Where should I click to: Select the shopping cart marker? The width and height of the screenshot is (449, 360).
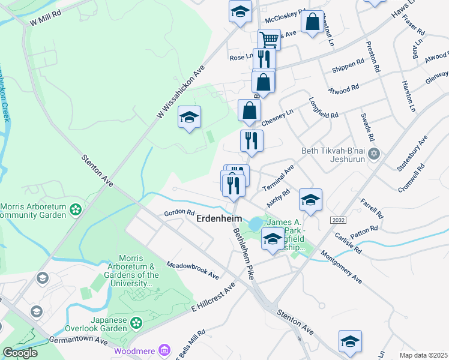pos(270,40)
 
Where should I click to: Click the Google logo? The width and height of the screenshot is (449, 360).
pos(20,353)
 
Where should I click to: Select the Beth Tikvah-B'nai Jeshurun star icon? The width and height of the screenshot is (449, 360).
pos(375,154)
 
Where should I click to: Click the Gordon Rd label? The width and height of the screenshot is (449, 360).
pos(180,213)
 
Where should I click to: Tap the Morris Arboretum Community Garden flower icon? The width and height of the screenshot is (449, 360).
pos(76,209)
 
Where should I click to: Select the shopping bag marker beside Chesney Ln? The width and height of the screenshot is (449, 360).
pos(249,110)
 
